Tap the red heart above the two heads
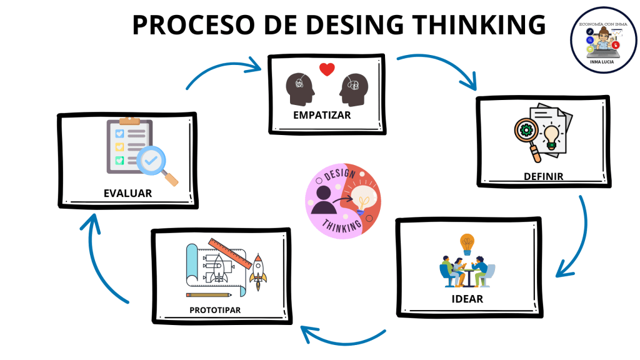click(x=327, y=69)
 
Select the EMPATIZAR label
click(x=322, y=115)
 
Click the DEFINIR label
click(x=543, y=176)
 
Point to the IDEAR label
click(x=467, y=298)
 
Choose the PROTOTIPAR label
click(x=215, y=310)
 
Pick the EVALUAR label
click(x=127, y=193)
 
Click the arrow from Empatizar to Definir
click(x=441, y=67)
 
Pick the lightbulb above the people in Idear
click(x=466, y=241)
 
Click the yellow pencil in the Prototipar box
click(x=209, y=294)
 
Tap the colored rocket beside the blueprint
click(x=257, y=274)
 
